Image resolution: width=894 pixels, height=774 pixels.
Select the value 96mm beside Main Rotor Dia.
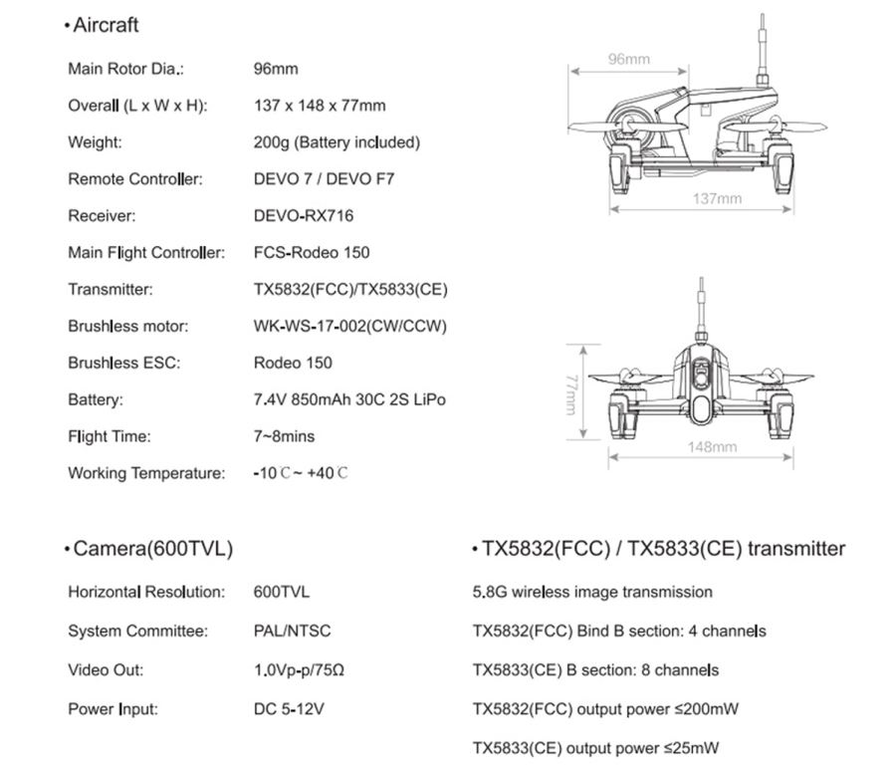(x=276, y=69)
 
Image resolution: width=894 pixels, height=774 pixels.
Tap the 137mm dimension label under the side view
(x=717, y=198)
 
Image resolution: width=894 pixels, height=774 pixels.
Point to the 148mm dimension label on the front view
(x=712, y=446)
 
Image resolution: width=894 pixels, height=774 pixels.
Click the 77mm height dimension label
(x=572, y=395)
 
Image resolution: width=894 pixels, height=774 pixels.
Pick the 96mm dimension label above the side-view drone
(x=629, y=60)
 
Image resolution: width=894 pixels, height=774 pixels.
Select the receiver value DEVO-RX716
(x=304, y=215)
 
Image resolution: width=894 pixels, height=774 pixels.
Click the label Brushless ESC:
(x=123, y=363)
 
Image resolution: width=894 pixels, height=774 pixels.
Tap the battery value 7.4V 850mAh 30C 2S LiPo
(x=349, y=399)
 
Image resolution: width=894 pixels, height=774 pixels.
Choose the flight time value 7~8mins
(x=284, y=436)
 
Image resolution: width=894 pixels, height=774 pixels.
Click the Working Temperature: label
(x=146, y=473)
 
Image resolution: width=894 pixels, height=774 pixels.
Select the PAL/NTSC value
(x=293, y=631)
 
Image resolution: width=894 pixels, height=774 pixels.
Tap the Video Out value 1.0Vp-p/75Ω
(x=300, y=669)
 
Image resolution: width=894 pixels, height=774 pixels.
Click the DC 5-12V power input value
(x=290, y=709)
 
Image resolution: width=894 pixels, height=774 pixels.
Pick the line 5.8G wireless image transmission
(x=592, y=592)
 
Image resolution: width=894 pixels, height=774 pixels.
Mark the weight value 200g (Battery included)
(x=336, y=142)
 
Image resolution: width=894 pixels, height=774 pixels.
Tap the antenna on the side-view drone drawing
(x=763, y=50)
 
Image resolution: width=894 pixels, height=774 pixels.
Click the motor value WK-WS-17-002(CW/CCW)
(x=349, y=326)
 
